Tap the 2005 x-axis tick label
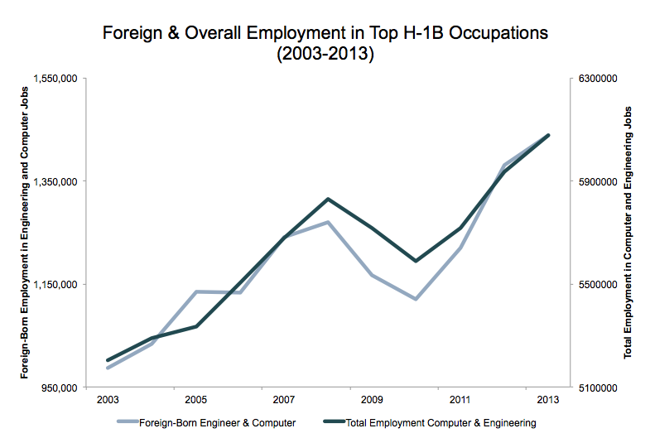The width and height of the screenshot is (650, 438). pos(195,399)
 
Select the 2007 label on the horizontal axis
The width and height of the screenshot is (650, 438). pos(284,399)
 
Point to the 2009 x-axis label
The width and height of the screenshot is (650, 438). pos(372,399)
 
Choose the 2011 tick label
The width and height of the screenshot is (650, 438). pos(460,399)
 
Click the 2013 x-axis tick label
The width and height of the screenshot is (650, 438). pos(548,399)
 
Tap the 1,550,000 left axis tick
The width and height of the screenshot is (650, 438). pos(55,78)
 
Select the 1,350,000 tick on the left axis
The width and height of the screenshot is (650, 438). pos(55,181)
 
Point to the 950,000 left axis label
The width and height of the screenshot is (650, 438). pos(60,387)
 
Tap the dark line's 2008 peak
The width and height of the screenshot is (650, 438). pos(328,200)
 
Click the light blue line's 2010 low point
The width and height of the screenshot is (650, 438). pos(416,299)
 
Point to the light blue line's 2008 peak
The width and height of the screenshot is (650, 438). pos(328,222)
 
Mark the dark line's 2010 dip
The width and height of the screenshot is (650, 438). pos(416,261)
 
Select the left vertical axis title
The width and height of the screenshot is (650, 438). pos(25,233)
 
